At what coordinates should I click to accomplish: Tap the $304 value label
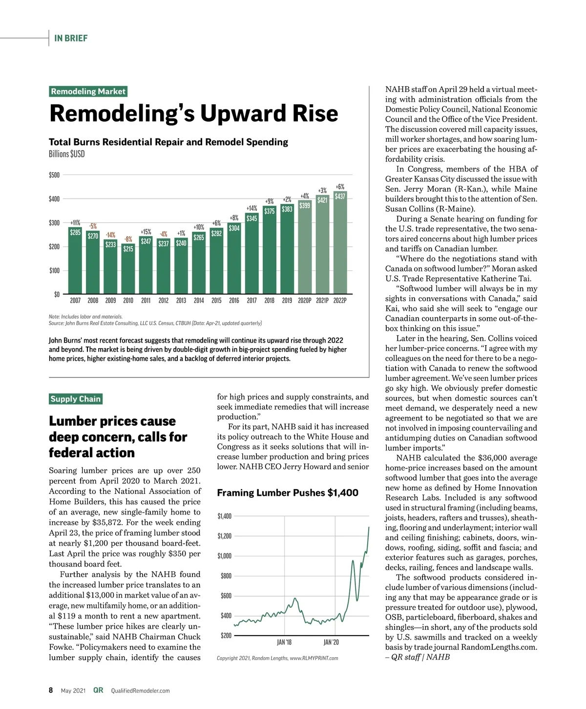[234, 228]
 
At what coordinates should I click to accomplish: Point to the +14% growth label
[251, 208]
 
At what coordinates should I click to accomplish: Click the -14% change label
[110, 235]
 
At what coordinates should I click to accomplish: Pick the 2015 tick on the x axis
[216, 301]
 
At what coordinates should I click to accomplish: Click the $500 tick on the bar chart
[54, 175]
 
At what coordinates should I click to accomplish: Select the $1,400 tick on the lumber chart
[225, 516]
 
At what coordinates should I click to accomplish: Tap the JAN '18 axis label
[284, 642]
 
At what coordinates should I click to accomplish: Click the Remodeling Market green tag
[88, 91]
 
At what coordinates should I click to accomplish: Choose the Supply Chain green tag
[76, 399]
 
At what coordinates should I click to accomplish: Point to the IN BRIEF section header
[71, 38]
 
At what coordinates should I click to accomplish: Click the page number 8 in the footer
[51, 690]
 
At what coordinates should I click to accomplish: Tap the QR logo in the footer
[98, 690]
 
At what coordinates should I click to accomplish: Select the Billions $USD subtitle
[67, 154]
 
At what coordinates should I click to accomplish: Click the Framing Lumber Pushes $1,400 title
[288, 493]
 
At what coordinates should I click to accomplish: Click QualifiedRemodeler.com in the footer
[141, 690]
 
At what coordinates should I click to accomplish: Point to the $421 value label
[322, 200]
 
